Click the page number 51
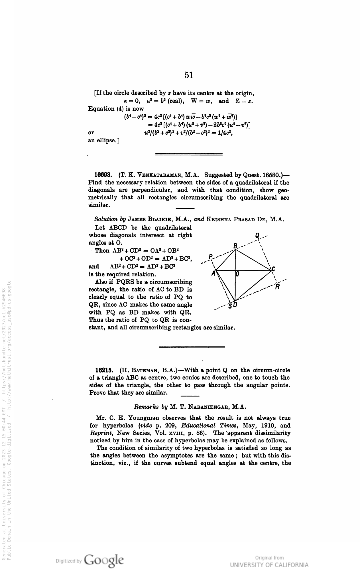189,75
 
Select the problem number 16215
103,370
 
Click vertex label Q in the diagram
257,236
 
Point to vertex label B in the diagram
235,246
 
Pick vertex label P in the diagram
210,256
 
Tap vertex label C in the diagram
274,269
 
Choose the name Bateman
143,370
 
